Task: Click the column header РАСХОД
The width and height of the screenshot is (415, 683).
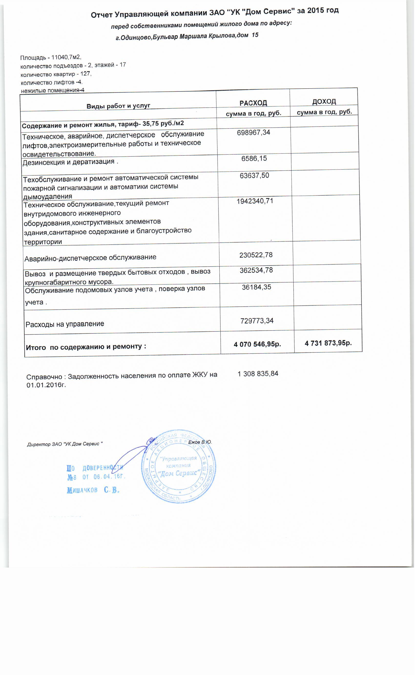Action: (x=253, y=103)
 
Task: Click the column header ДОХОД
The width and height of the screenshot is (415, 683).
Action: (x=324, y=102)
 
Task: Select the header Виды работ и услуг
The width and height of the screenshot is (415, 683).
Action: (x=118, y=106)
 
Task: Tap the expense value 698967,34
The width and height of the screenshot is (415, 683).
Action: (x=253, y=132)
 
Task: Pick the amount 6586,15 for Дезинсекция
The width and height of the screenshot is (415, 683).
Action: (x=254, y=159)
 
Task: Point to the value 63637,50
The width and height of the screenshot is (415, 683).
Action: (x=254, y=175)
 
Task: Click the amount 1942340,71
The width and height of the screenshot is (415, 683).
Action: (x=255, y=201)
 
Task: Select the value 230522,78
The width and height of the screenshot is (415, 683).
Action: (x=256, y=255)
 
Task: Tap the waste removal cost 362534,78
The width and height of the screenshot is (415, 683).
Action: (x=256, y=270)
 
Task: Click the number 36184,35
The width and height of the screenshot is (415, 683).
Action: (x=256, y=287)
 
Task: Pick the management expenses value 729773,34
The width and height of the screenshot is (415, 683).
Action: (x=257, y=321)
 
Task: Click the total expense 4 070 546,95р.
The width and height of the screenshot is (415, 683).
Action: (x=257, y=344)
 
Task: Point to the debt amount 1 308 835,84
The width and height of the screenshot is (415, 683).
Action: (x=258, y=374)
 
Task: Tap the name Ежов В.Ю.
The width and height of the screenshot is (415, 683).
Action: (x=200, y=442)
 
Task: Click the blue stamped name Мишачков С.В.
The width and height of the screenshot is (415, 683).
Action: (x=93, y=490)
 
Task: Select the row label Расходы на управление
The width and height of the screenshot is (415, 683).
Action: (x=65, y=324)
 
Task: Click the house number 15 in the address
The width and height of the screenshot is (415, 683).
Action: (x=255, y=35)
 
